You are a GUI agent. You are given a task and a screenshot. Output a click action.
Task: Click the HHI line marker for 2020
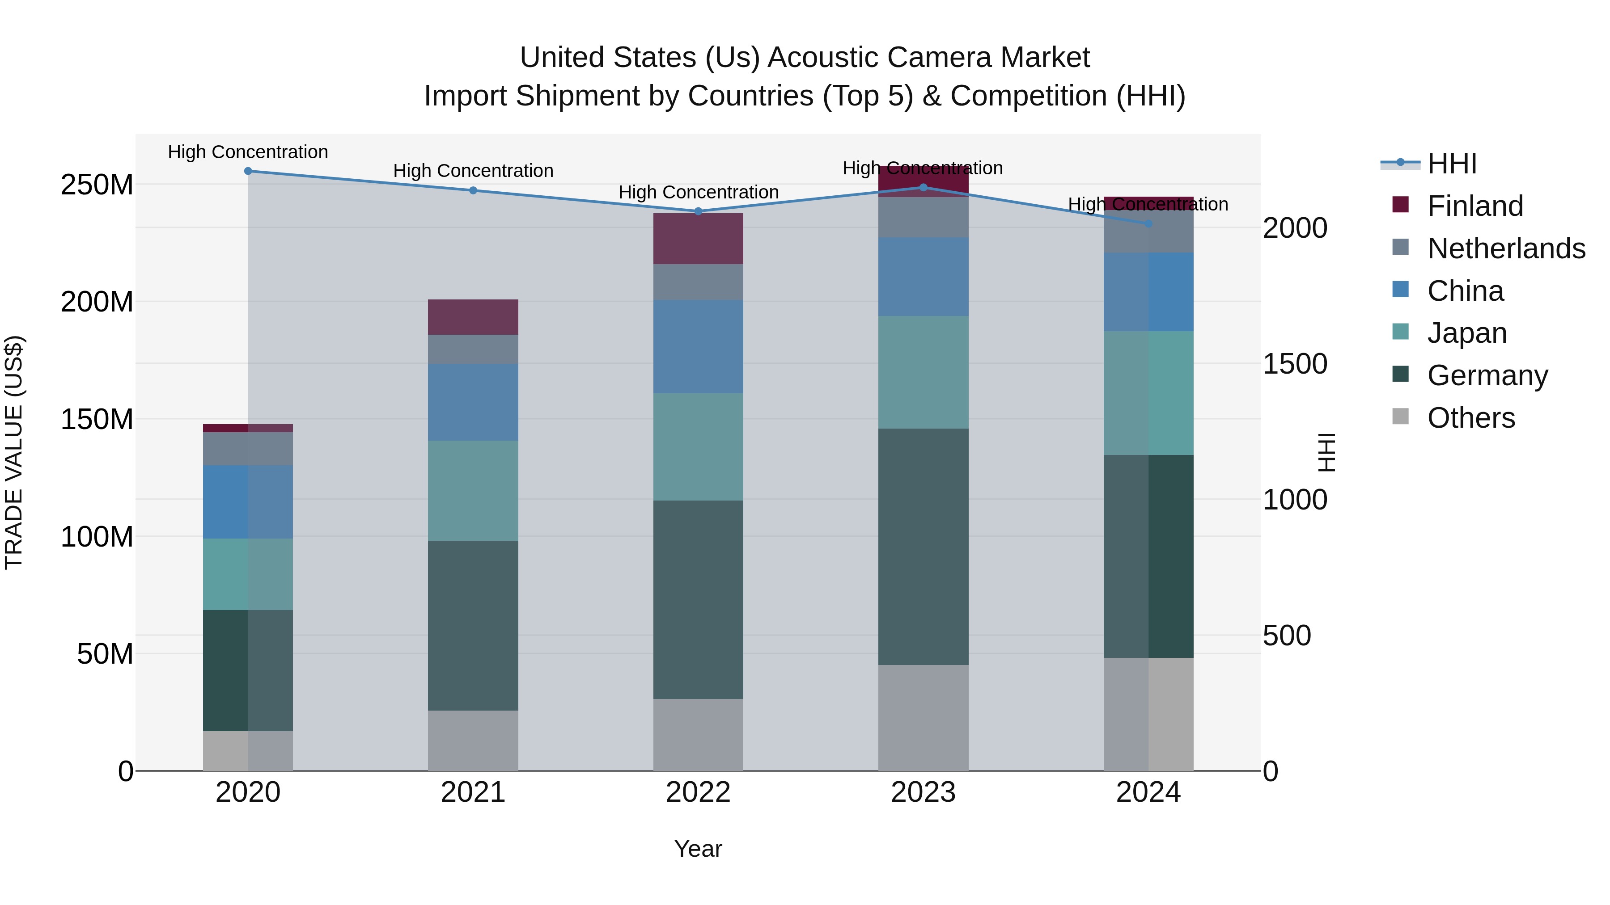[248, 171]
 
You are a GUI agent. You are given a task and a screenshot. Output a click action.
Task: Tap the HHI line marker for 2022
[698, 211]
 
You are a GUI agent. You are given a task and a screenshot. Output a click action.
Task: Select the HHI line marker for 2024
[1148, 223]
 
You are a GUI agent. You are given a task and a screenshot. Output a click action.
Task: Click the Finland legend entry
[1475, 206]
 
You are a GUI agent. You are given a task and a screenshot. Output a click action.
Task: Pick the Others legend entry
[1470, 418]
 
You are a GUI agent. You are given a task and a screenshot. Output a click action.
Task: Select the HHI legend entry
[1451, 164]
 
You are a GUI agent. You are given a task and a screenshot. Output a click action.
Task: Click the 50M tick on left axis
[105, 654]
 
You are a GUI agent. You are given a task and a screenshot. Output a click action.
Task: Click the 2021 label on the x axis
[473, 792]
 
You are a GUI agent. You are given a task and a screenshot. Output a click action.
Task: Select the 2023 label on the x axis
[923, 792]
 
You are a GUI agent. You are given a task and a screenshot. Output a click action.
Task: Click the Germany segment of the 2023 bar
[923, 547]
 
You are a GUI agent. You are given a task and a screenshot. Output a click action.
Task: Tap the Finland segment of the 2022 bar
[698, 239]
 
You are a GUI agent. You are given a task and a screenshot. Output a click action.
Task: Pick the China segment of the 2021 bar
[473, 402]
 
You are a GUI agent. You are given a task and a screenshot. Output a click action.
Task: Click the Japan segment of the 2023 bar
[923, 372]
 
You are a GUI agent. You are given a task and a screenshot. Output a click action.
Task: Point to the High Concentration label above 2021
[473, 171]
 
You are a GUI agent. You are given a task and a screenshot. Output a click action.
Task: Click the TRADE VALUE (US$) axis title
[14, 452]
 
